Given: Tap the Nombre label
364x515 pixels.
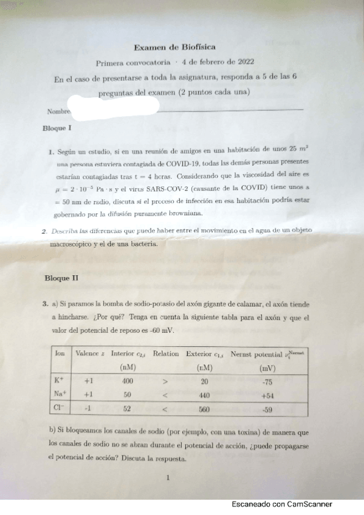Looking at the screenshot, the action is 57,112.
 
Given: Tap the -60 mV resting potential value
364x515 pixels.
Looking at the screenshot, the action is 161,330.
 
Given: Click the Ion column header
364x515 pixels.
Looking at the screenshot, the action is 60,353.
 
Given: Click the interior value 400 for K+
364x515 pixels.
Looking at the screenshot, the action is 128,381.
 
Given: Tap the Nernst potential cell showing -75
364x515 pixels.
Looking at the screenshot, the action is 267,382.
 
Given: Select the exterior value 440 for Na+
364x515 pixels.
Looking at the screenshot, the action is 204,395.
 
